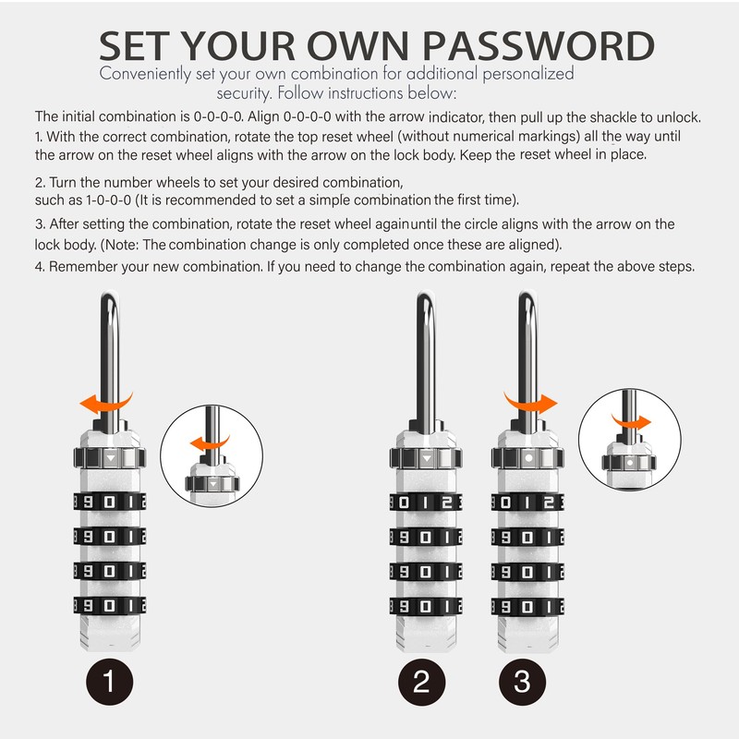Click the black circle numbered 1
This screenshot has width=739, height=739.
point(109,684)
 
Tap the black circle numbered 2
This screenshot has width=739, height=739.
point(422,684)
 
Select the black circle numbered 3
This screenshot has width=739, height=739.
point(523,684)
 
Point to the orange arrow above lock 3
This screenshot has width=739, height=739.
point(529,403)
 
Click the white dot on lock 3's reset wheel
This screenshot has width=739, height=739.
point(527,457)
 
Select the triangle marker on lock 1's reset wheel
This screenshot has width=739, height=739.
point(110,457)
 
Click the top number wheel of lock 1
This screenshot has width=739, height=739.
point(110,504)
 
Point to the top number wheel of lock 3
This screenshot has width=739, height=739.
point(527,504)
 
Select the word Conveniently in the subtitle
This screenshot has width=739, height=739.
point(145,74)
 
